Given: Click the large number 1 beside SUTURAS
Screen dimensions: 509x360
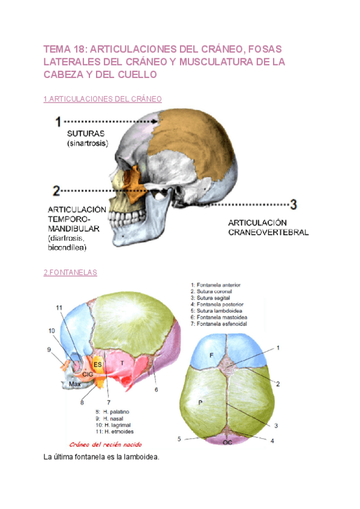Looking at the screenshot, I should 59,121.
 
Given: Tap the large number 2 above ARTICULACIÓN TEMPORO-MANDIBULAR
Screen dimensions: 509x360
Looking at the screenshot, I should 56,191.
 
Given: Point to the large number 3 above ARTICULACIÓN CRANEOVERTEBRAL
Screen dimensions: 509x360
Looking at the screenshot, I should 293,204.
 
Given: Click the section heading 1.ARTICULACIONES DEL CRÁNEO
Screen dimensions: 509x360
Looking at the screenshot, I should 103,98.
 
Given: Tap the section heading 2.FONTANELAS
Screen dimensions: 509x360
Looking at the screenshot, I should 70,273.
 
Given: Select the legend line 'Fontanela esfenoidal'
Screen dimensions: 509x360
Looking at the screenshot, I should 220,324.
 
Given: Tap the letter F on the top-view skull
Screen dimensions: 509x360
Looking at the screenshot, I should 211,355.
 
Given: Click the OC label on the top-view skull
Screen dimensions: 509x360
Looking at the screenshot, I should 229,442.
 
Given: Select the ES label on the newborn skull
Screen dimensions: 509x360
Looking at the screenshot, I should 98,364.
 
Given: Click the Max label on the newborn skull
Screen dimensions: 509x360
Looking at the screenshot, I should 74,384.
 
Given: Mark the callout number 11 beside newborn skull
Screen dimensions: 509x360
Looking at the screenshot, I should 59,308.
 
